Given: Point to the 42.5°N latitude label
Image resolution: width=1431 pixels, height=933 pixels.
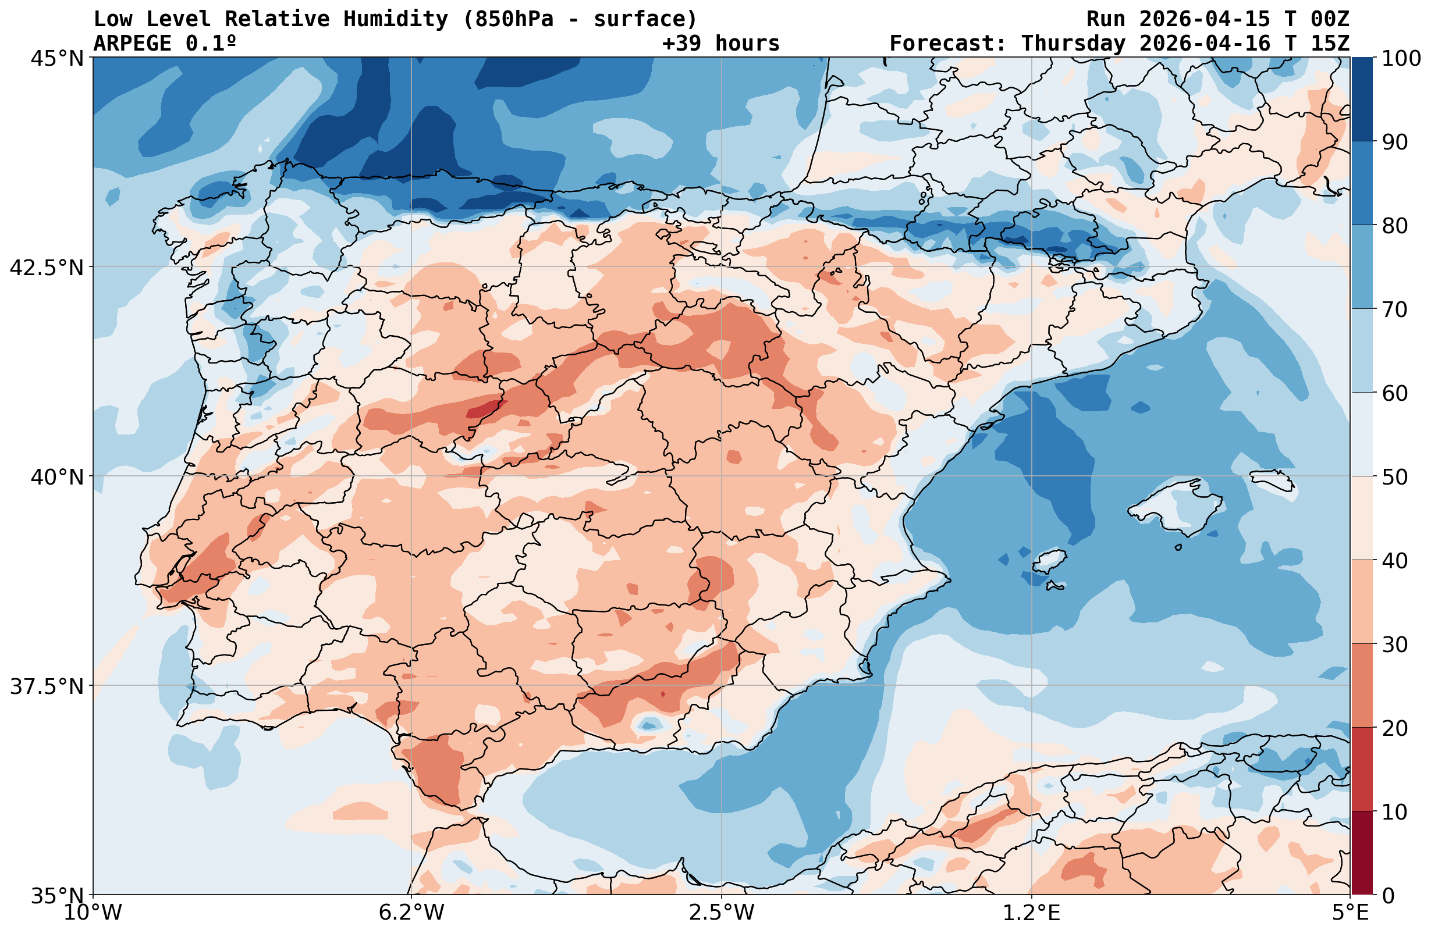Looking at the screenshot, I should point(47,268).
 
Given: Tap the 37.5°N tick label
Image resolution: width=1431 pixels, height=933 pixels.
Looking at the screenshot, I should point(47,686).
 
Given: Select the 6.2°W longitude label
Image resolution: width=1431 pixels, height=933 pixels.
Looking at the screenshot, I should point(411,913).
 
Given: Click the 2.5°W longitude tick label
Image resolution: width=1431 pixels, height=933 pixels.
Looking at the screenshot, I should point(722,913).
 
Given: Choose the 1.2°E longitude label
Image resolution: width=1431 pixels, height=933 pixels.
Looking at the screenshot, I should point(1032,913).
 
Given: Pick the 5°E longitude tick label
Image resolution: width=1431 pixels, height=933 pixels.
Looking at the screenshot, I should point(1350,913).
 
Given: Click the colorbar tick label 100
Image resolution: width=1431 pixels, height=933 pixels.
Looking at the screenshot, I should point(1401,59).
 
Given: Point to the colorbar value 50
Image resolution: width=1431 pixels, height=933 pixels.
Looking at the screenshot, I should point(1394,478).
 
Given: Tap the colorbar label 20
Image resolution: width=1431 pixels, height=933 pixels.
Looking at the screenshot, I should point(1394,729).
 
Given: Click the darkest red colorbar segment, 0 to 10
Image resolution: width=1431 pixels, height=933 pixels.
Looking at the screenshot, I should point(1362,854).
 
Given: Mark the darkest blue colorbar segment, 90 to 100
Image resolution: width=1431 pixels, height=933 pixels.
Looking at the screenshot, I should point(1362,99).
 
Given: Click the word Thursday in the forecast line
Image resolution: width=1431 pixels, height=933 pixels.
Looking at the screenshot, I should point(1073,43).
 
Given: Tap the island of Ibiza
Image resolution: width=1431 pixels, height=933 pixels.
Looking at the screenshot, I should point(1049,561).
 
